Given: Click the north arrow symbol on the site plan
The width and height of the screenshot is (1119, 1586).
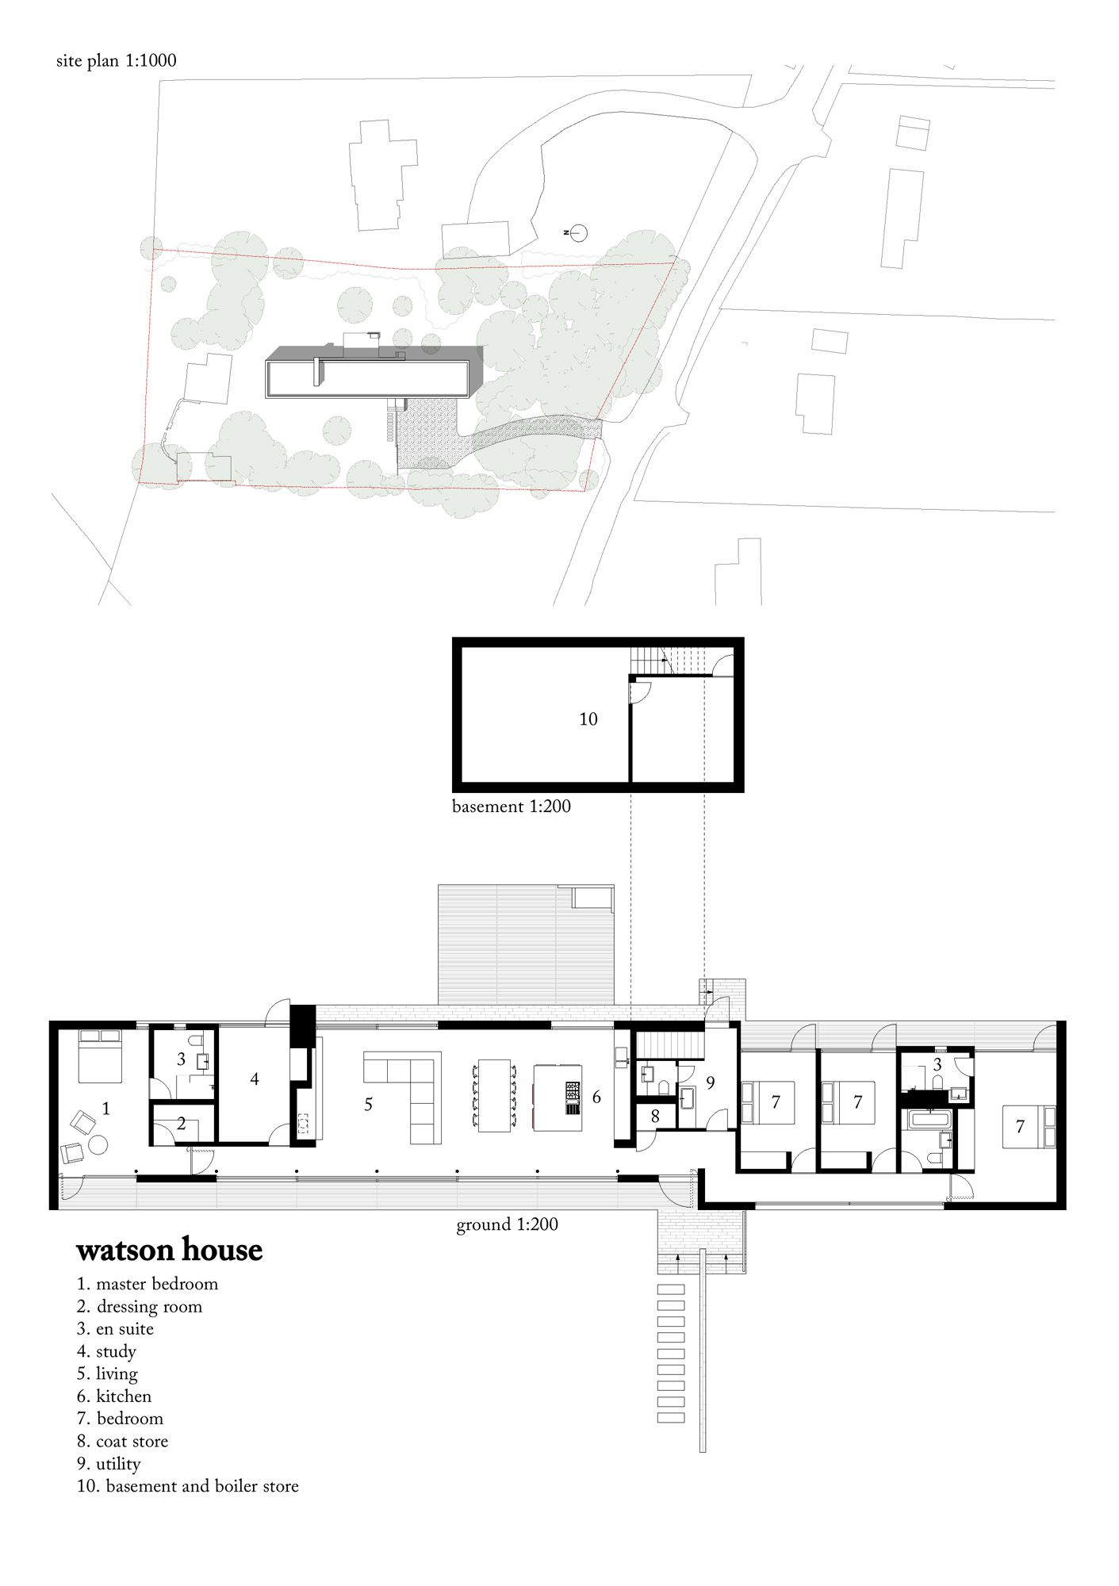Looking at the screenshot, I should tap(578, 232).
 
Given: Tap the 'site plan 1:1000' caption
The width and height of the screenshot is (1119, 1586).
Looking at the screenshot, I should tap(116, 61).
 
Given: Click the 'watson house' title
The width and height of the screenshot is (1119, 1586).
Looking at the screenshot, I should tap(169, 1251).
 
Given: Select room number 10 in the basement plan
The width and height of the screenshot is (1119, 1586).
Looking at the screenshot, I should tap(588, 719).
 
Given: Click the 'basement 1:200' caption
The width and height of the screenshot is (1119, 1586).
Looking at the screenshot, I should tap(511, 806).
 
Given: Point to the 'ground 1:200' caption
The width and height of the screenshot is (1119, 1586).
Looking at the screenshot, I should tap(507, 1224).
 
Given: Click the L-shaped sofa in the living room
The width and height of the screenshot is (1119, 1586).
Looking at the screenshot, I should tap(412, 1090).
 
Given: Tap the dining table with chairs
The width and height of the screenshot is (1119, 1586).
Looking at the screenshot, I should tap(495, 1094).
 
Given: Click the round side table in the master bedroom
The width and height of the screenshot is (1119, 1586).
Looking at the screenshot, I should tap(98, 1145).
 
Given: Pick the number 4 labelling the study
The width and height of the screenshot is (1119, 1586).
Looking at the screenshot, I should tap(255, 1079).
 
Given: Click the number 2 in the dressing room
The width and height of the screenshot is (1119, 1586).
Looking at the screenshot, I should tap(181, 1124).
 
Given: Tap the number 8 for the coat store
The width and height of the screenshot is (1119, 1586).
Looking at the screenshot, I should tap(655, 1117).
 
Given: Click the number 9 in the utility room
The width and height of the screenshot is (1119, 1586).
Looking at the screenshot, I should tap(711, 1082).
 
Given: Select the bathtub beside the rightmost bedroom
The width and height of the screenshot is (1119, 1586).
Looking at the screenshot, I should tap(929, 1119).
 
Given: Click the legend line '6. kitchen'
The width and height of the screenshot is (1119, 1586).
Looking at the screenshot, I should tap(114, 1396).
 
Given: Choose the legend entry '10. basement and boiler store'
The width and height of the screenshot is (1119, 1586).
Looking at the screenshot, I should tap(188, 1486).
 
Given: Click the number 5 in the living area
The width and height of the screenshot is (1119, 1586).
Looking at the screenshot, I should tap(368, 1105).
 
